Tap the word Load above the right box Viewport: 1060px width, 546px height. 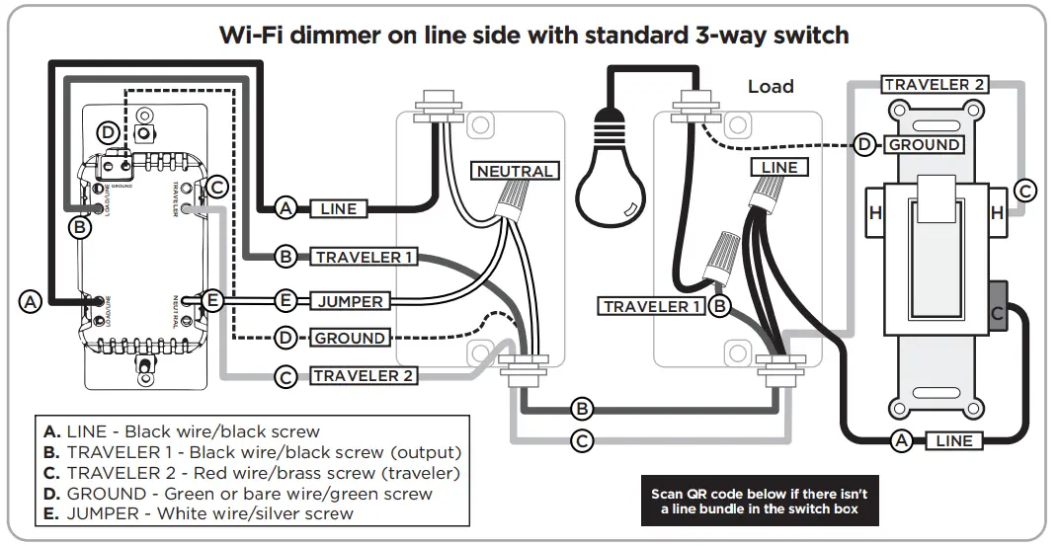771,87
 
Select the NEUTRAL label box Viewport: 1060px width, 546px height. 515,171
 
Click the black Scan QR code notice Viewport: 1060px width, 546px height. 759,502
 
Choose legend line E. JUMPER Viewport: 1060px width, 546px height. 198,512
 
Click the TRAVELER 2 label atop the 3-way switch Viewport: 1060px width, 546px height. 935,85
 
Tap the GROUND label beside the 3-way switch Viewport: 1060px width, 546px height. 924,145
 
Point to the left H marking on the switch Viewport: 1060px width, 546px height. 874,213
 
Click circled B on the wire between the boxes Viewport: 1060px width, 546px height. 583,408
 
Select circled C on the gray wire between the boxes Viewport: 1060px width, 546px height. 583,440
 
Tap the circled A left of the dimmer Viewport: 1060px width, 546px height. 31,302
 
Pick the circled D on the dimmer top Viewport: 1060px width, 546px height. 109,133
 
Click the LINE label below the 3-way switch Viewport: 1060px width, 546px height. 953,441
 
